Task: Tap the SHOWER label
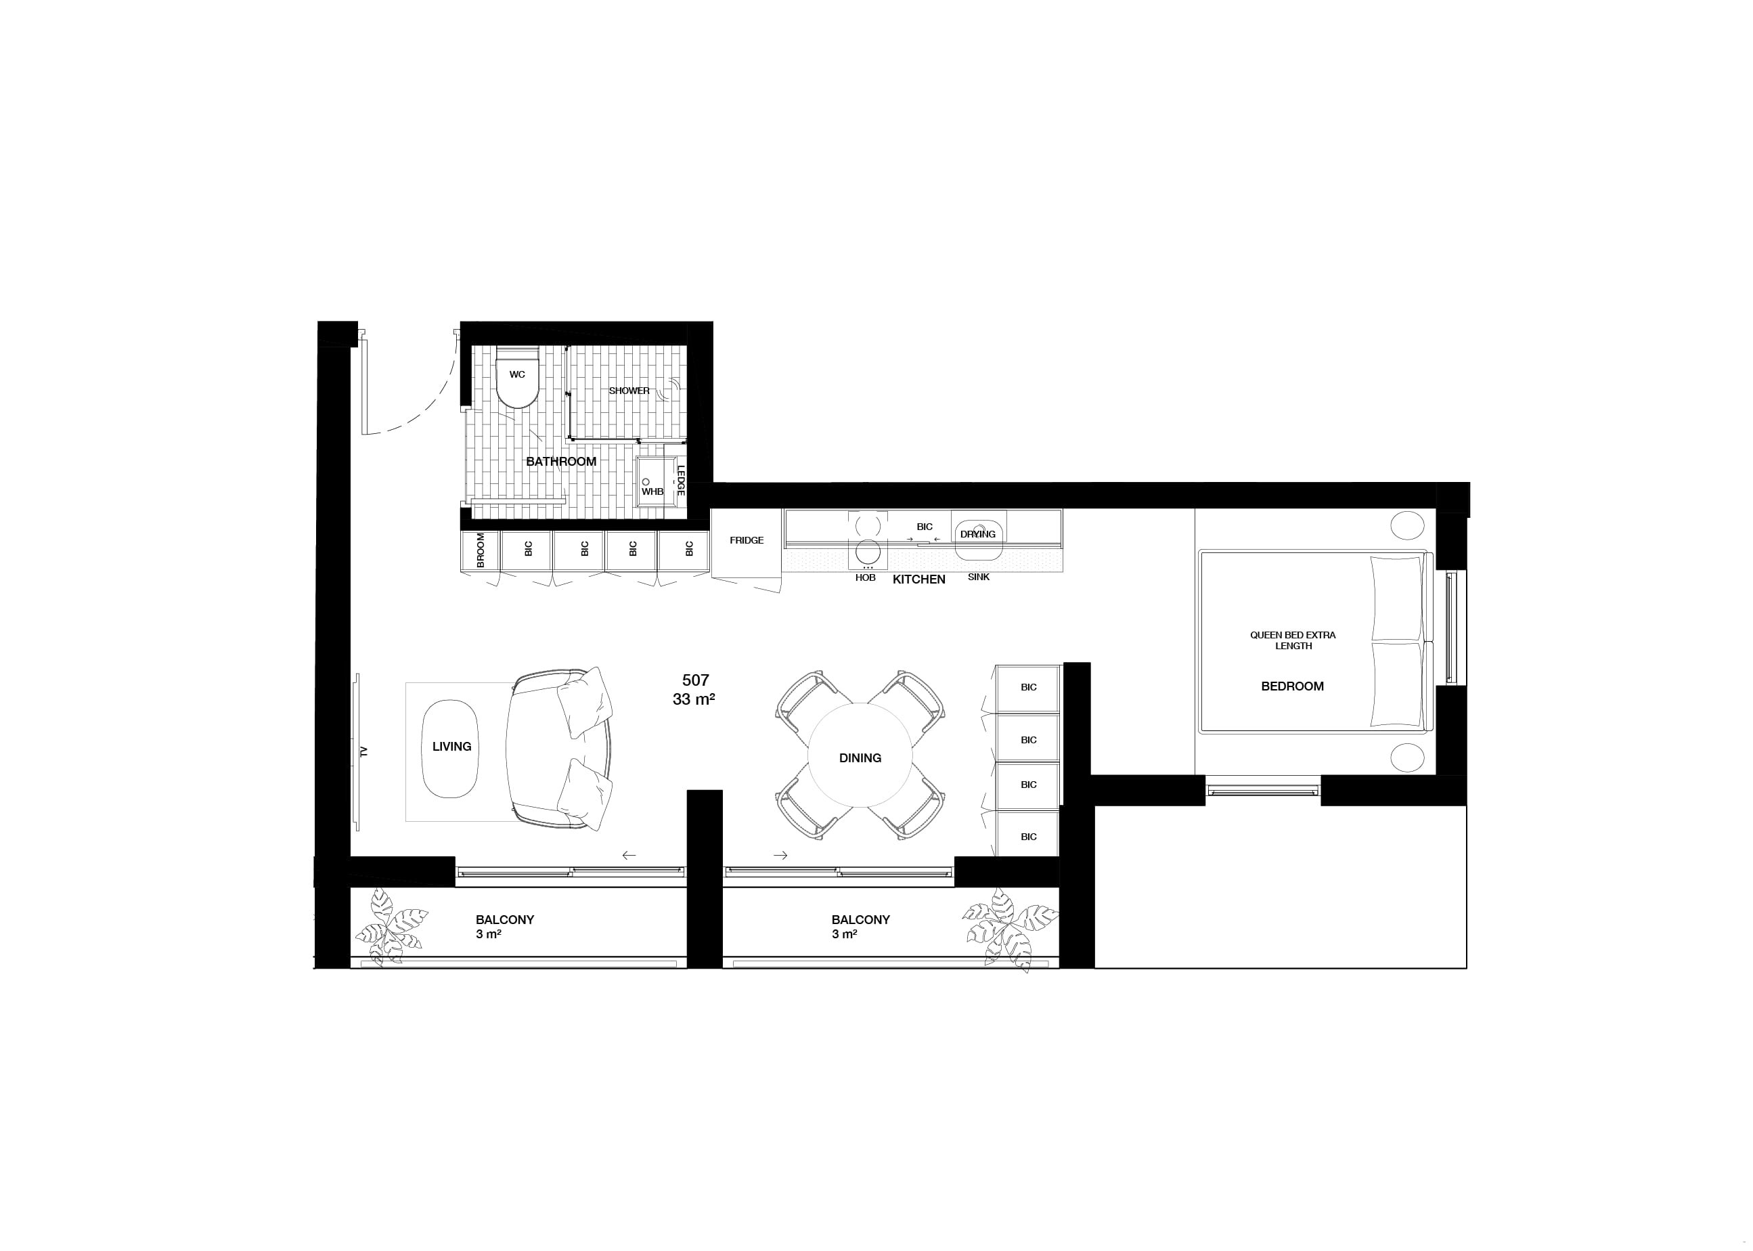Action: (629, 391)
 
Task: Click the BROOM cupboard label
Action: (481, 550)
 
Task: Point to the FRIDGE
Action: (747, 541)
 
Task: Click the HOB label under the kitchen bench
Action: (865, 577)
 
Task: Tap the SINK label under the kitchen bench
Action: (978, 577)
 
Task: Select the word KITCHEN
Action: (919, 579)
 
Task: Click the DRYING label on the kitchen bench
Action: (977, 534)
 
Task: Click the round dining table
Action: (860, 755)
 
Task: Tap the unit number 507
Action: (696, 680)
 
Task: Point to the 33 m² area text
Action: (694, 699)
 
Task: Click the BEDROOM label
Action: (1292, 686)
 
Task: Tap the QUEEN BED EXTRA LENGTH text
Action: (1293, 640)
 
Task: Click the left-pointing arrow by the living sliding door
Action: (629, 855)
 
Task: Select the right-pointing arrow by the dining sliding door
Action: (780, 855)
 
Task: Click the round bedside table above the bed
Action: (1407, 526)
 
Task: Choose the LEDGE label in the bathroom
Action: (681, 479)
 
